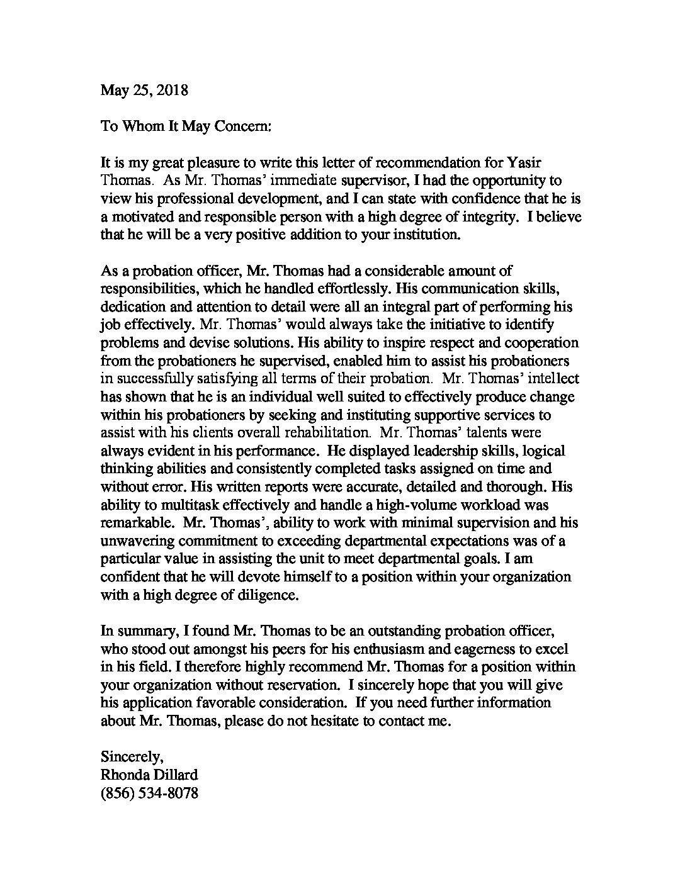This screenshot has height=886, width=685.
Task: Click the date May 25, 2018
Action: point(144,90)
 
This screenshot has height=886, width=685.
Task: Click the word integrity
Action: point(526,216)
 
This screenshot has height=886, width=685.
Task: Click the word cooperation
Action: point(537,343)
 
